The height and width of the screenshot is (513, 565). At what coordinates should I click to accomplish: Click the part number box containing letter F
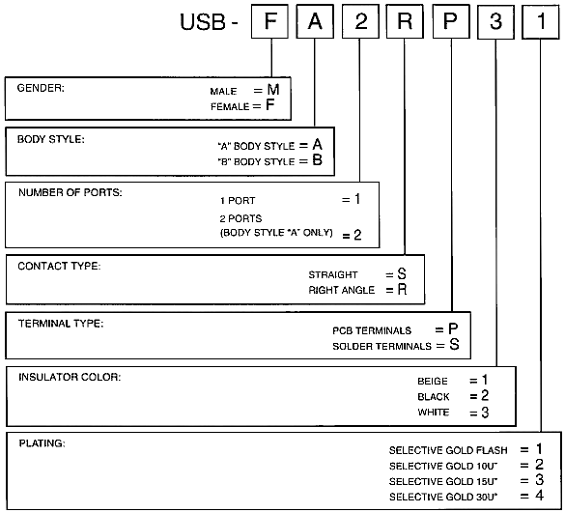tap(269, 21)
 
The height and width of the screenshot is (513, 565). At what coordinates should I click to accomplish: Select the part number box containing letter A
tap(315, 21)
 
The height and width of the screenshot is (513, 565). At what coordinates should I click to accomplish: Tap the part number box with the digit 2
tap(360, 21)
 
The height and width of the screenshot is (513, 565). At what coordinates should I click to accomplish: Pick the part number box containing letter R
tap(405, 21)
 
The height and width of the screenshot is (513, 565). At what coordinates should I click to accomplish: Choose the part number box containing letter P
tap(451, 21)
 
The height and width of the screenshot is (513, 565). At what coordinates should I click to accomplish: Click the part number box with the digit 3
tap(495, 21)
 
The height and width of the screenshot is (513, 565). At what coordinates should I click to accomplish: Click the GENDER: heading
tap(41, 88)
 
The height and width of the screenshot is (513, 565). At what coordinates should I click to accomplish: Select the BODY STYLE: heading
tap(51, 139)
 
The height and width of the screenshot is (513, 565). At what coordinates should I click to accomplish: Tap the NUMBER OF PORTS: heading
tap(71, 192)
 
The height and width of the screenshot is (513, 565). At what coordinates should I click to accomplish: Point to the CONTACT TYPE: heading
tap(60, 266)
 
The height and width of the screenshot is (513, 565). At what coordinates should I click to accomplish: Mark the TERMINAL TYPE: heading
tap(61, 324)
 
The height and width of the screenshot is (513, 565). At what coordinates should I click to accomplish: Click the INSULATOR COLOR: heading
tap(70, 377)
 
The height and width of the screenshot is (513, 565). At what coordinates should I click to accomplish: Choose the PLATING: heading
tap(42, 443)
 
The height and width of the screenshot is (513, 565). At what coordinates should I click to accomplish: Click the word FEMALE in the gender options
tap(230, 106)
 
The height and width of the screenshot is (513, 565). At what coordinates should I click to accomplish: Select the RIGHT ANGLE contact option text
tap(342, 290)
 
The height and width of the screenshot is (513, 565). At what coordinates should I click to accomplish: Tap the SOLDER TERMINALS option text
tap(381, 347)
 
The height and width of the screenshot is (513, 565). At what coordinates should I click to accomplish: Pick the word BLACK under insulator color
tap(434, 397)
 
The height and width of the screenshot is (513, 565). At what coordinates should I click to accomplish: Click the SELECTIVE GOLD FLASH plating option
tap(448, 450)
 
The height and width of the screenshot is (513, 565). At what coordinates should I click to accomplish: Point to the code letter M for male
tap(273, 90)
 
